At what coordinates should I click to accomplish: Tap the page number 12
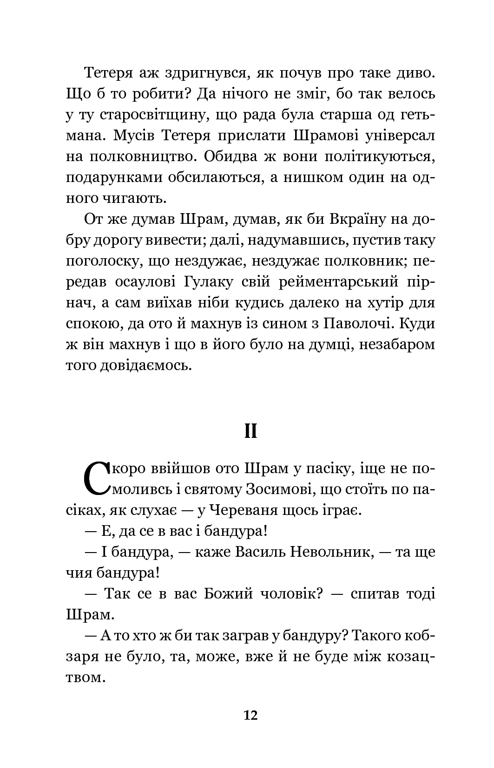(x=250, y=715)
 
